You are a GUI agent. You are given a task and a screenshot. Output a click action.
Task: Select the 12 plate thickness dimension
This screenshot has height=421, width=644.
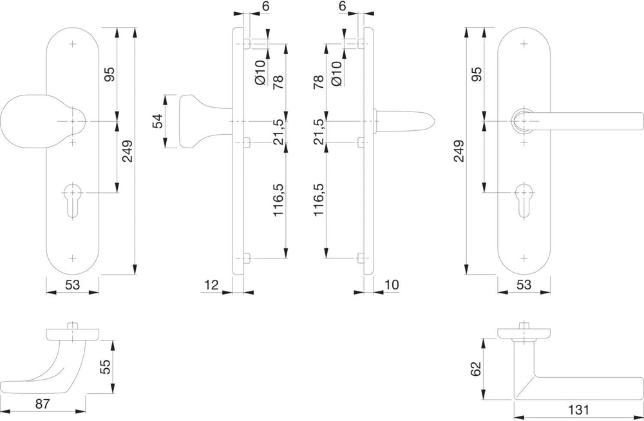click(211, 284)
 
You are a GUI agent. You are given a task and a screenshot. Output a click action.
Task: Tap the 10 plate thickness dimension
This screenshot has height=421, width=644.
click(392, 284)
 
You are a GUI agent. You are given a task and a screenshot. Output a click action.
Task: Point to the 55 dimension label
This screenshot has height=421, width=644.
click(105, 367)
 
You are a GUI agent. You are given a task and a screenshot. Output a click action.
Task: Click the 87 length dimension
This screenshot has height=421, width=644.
click(43, 404)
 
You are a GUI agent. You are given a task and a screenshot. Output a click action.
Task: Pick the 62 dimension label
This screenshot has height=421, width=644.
click(475, 369)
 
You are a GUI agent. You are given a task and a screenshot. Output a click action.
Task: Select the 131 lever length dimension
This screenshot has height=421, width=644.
click(578, 409)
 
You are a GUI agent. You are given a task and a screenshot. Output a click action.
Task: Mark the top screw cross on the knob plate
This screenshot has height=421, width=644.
click(73, 44)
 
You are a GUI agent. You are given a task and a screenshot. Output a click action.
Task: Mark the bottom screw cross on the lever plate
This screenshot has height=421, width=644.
click(524, 258)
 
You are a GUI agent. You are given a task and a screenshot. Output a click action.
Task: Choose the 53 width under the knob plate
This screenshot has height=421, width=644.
click(72, 284)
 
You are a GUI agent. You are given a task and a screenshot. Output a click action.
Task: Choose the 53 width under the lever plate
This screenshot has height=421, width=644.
click(524, 284)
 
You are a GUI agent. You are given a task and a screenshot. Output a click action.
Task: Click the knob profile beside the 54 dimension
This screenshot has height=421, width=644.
click(201, 121)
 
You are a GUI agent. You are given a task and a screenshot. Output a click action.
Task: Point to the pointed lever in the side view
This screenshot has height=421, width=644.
click(404, 121)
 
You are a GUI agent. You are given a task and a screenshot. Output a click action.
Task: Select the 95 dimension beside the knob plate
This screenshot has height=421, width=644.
click(110, 74)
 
